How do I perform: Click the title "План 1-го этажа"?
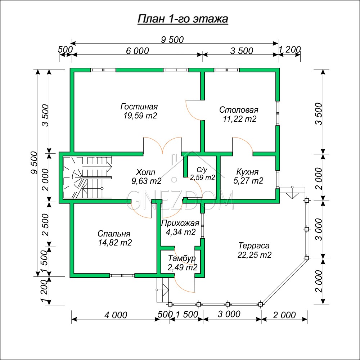183,19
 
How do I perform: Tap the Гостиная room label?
139,107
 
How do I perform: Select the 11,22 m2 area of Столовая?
240,119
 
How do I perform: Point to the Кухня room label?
247,172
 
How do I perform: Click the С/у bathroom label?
202,170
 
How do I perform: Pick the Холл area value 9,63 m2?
146,181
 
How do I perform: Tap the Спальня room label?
114,234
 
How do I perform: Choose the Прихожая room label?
180,223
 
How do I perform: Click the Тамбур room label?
182,258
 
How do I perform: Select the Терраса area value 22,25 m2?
255,255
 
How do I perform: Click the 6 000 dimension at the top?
137,51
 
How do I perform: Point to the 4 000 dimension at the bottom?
116,315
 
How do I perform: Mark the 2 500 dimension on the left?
46,225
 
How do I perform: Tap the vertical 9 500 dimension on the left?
34,162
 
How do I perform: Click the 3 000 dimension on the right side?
319,229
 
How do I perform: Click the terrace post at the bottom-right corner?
260,304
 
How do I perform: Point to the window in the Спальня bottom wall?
122,275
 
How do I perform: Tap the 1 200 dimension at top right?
289,49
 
